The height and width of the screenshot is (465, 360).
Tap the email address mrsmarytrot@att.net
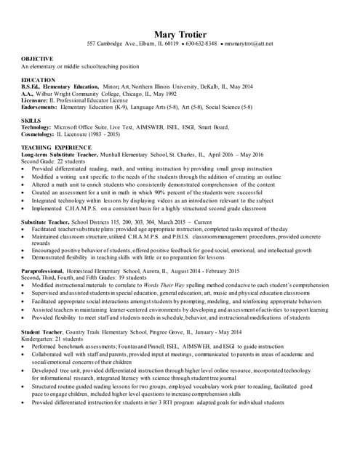pyautogui.click(x=248, y=44)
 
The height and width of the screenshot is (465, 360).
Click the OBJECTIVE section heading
pyautogui.click(x=37, y=58)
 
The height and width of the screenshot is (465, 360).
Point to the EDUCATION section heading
pyautogui.click(x=38, y=79)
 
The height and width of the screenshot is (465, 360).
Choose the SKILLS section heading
pyautogui.click(x=31, y=120)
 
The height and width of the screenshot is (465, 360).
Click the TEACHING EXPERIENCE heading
pyautogui.click(x=57, y=147)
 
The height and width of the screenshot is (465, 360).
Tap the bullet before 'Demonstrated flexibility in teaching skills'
pyautogui.click(x=24, y=257)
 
